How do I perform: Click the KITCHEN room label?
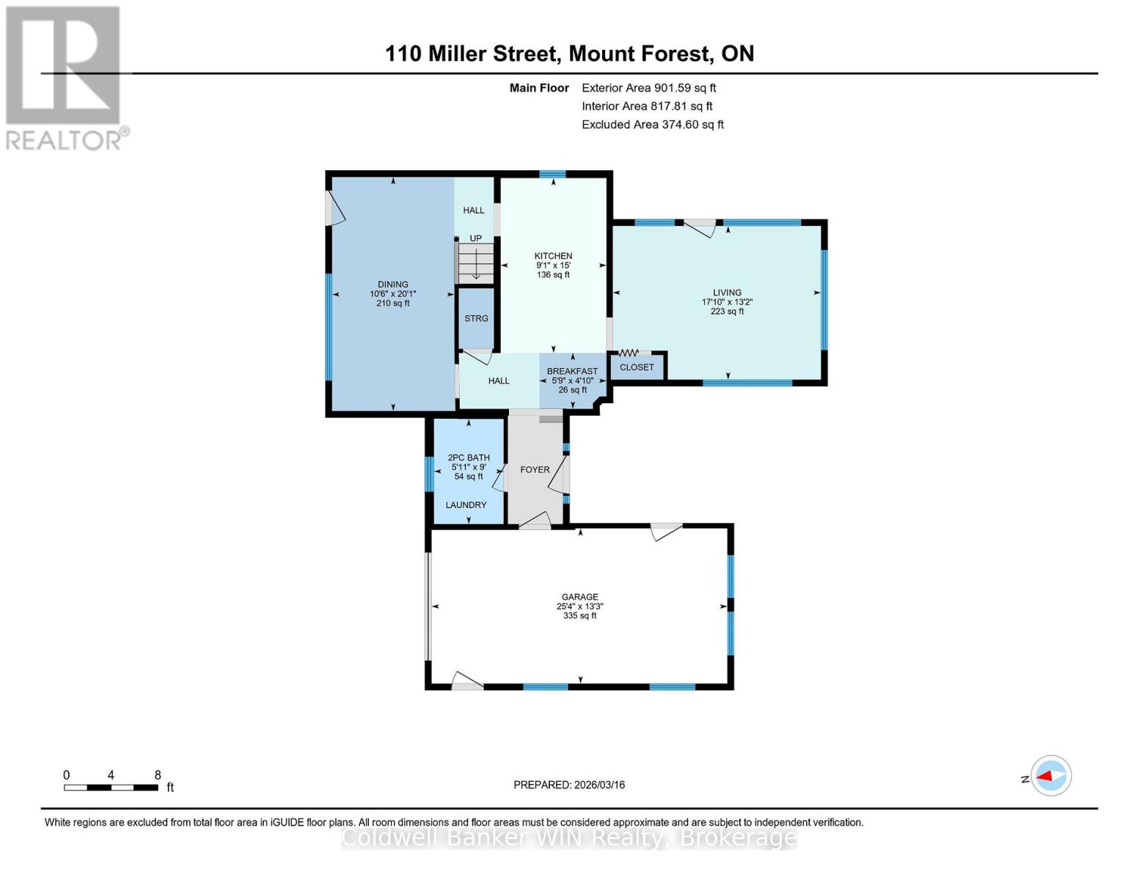(553, 256)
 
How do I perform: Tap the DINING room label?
(392, 284)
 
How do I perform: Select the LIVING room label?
(727, 293)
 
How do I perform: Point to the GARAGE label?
(579, 596)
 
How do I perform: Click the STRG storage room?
(476, 318)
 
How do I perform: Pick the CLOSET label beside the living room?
(637, 367)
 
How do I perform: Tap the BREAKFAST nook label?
(572, 371)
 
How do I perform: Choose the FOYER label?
(535, 469)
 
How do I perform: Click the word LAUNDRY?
(466, 505)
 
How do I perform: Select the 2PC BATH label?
(469, 458)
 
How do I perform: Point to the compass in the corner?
(1050, 776)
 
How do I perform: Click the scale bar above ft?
(111, 787)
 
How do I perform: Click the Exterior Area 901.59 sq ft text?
(649, 88)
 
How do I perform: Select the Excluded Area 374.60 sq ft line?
(653, 125)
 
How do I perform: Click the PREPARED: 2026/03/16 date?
(569, 785)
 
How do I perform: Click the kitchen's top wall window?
(552, 175)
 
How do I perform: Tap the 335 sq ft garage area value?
(579, 615)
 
